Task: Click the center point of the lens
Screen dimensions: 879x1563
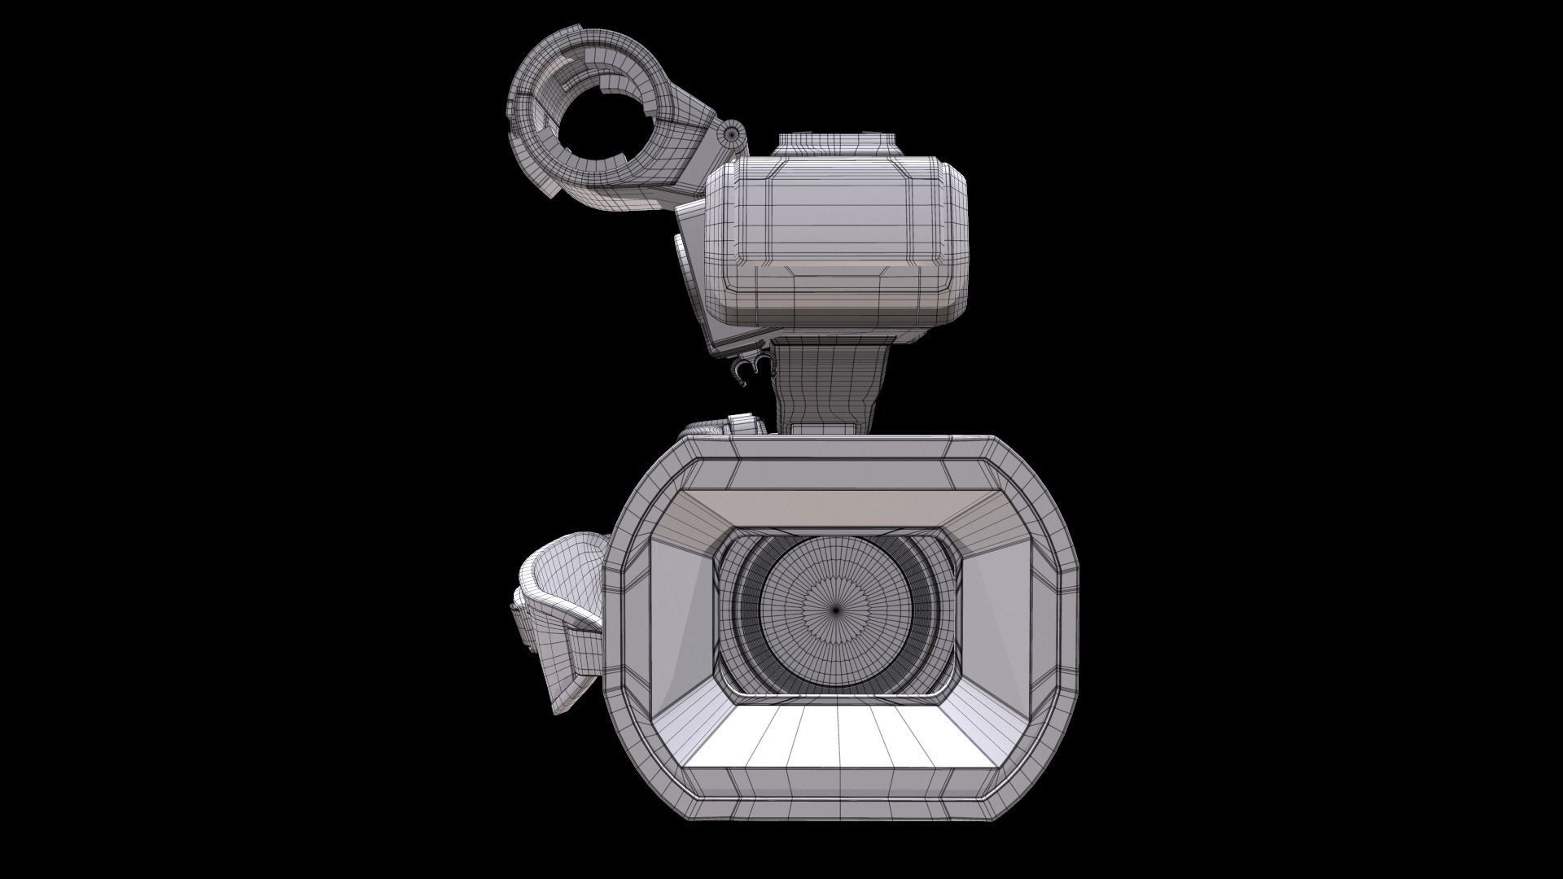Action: click(x=837, y=608)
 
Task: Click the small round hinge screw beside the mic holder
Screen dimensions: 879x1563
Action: click(x=732, y=131)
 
